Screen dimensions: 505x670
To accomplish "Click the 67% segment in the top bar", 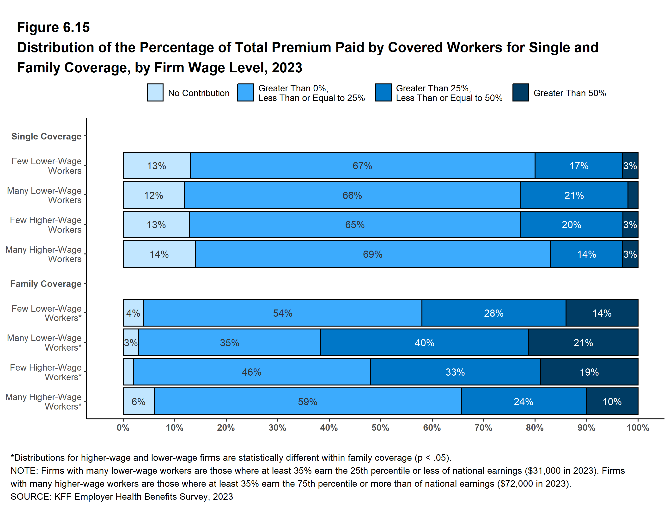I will click(x=362, y=166).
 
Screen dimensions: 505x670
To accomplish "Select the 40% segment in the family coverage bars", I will click(x=424, y=342).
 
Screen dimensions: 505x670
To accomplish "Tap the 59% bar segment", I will click(x=307, y=401).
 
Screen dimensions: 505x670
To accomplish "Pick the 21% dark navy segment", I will click(x=583, y=342).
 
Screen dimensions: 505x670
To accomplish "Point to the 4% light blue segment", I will click(x=133, y=313).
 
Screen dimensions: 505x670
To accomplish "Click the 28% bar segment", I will click(x=493, y=313).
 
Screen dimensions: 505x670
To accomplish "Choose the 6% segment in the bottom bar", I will click(x=138, y=401).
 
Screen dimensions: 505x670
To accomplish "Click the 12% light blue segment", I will click(x=153, y=195).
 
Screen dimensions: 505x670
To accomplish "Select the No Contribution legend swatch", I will click(x=155, y=93).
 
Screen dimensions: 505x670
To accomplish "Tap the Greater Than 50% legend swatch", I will click(x=521, y=93).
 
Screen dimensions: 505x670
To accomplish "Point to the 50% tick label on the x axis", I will click(x=380, y=428).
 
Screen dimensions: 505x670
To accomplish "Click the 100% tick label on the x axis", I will click(x=638, y=428).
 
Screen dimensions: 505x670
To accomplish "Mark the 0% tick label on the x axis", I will click(x=123, y=428).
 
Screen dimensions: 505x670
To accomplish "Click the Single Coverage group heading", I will click(x=46, y=136).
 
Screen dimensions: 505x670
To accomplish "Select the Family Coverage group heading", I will click(x=46, y=284).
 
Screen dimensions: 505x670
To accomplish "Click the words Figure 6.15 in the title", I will click(x=53, y=27).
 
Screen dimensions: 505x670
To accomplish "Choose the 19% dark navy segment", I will click(x=589, y=372).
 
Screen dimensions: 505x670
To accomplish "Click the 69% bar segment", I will click(x=372, y=254).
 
